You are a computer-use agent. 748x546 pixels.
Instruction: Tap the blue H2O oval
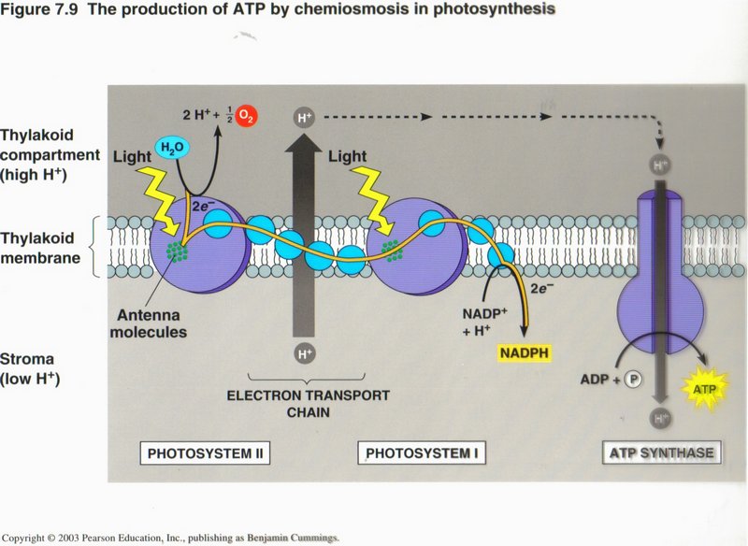pos(170,147)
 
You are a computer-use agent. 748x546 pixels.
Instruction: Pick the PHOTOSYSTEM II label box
pos(205,454)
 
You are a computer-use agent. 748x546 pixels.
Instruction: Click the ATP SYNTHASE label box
pos(662,453)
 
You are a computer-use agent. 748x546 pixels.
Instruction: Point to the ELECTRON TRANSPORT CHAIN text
pos(308,404)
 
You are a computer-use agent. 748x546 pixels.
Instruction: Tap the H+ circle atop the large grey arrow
pos(305,118)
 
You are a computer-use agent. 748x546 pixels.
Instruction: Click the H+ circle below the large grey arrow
pos(305,353)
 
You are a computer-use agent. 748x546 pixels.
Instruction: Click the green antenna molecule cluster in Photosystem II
pos(176,251)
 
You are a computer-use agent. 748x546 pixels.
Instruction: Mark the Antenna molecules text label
pos(153,323)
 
